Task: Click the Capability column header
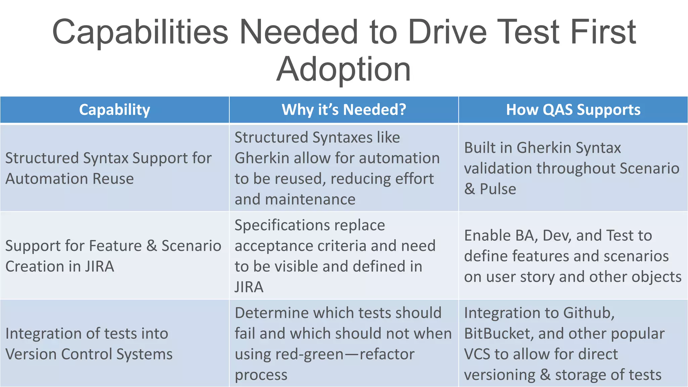click(115, 110)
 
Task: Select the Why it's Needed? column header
click(344, 110)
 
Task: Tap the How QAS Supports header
click(573, 110)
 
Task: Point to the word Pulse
click(498, 189)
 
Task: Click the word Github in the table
click(589, 313)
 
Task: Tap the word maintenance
click(310, 200)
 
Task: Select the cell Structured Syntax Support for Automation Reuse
click(109, 168)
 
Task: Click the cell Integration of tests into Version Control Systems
click(89, 344)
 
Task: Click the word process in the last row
click(261, 375)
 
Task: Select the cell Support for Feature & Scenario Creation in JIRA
click(113, 256)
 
